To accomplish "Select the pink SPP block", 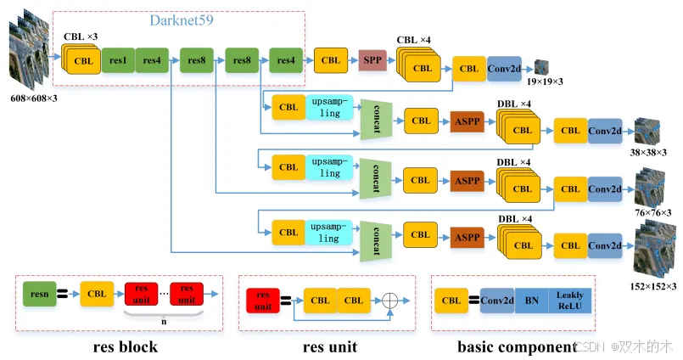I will pos(372,60).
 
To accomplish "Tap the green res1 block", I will pos(118,61).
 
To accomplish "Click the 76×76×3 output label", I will pos(652,212).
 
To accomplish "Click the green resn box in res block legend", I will pos(37,294).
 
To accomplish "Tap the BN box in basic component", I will pos(531,301).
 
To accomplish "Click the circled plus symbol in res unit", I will pos(391,301).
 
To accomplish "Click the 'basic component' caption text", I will pos(515,346).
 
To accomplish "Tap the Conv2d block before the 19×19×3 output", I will pos(503,68).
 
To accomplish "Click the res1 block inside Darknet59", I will pos(118,61).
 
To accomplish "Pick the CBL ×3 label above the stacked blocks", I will pos(81,37).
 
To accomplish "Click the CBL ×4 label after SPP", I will pos(414,39).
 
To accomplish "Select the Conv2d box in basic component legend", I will pos(497,301).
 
